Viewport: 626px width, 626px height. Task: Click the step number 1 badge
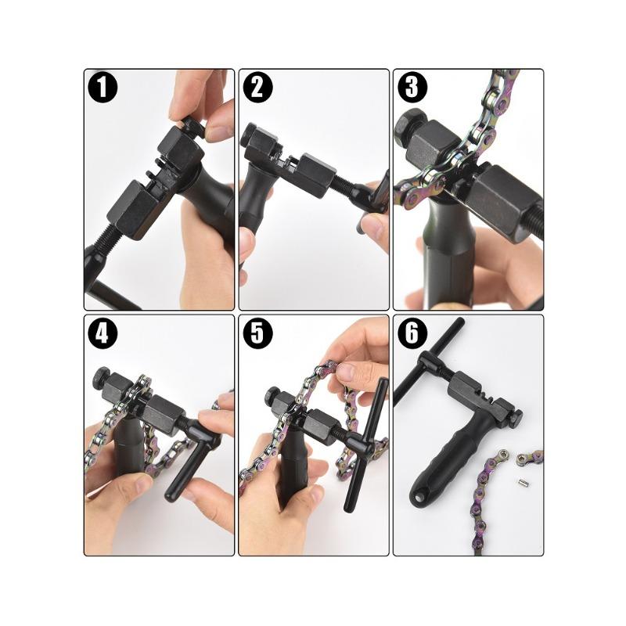coord(103,87)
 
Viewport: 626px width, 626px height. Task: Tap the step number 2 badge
coord(257,87)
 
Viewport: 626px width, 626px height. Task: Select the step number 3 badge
coord(412,87)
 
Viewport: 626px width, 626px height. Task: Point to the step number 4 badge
coord(103,333)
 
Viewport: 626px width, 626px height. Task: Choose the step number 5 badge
coord(257,333)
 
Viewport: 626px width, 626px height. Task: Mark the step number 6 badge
coord(412,333)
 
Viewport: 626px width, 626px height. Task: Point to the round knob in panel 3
coord(406,127)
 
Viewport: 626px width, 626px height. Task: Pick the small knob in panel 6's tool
coord(517,416)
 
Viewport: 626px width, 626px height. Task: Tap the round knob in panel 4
coord(102,377)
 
